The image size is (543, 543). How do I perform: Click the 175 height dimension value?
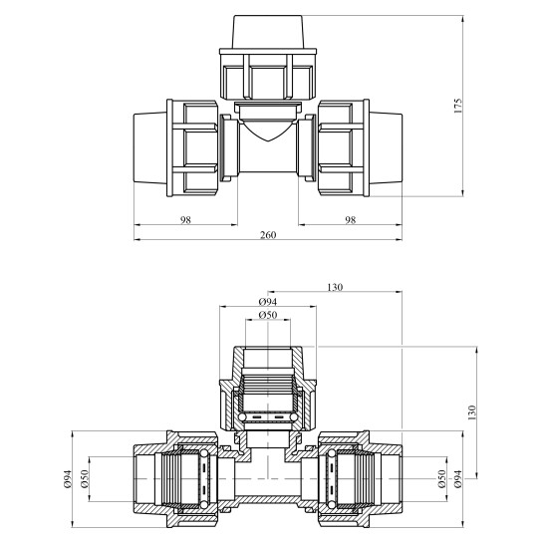(457, 107)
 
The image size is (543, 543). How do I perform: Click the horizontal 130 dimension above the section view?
(335, 288)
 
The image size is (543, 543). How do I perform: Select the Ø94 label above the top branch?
(266, 302)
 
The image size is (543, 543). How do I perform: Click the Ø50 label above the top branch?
(266, 316)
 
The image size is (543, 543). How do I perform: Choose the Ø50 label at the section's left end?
(87, 483)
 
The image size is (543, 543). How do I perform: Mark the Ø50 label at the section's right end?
(441, 483)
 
